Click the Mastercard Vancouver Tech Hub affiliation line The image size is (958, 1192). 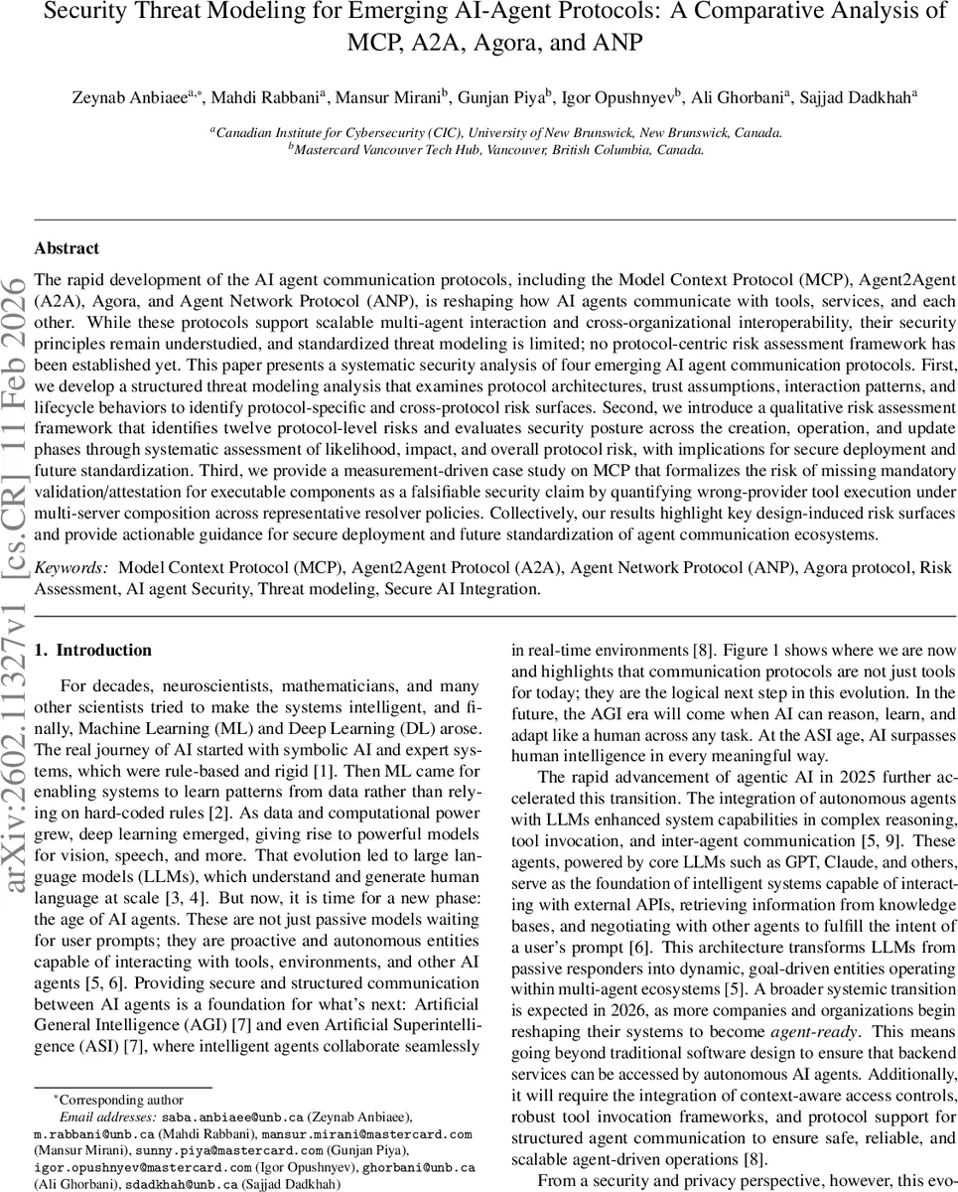pyautogui.click(x=495, y=150)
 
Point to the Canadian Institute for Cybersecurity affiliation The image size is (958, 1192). pyautogui.click(x=495, y=132)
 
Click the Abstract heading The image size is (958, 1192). pyautogui.click(x=67, y=248)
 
